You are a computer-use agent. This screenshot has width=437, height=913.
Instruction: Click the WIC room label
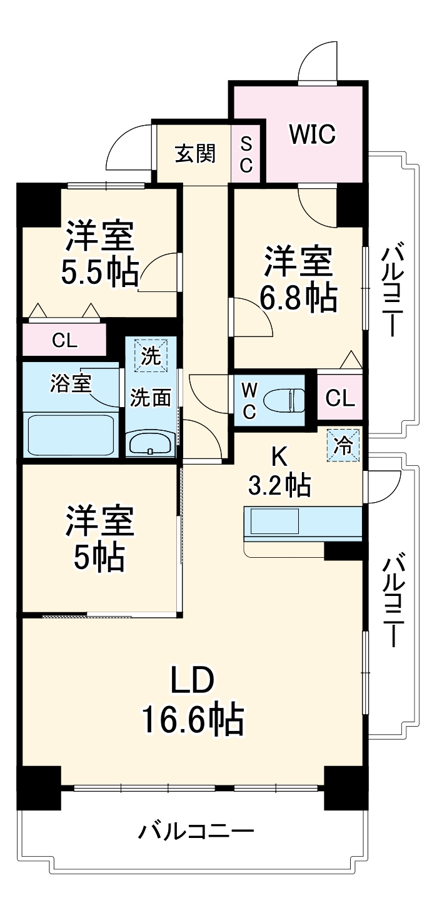[312, 133]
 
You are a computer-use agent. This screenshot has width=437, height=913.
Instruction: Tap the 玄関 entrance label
[195, 153]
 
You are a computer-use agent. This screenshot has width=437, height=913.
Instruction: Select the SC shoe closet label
[246, 154]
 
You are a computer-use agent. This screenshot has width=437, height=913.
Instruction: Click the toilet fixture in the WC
[284, 398]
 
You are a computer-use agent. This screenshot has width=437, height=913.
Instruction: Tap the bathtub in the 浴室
[69, 434]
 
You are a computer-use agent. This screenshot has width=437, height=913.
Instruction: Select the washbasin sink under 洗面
[150, 444]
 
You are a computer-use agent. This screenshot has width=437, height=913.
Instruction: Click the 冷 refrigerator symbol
[343, 445]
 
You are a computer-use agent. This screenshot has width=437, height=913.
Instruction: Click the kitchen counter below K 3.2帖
[303, 523]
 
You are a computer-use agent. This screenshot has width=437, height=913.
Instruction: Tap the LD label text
[194, 682]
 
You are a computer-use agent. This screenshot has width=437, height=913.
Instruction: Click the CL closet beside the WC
[339, 397]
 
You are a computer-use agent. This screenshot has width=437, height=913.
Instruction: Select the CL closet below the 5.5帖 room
[64, 341]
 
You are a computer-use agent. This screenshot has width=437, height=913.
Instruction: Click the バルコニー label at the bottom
[196, 832]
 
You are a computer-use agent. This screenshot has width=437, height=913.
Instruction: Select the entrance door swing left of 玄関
[130, 148]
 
